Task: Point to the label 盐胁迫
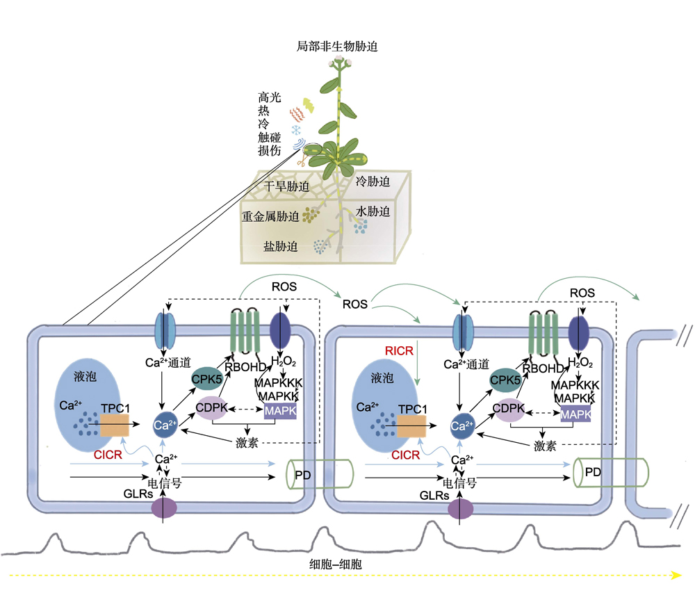281,246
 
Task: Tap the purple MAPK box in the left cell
281,412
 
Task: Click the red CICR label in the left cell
108,454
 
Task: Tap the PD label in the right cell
592,472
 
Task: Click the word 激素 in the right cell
545,446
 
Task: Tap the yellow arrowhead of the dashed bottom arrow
673,575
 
